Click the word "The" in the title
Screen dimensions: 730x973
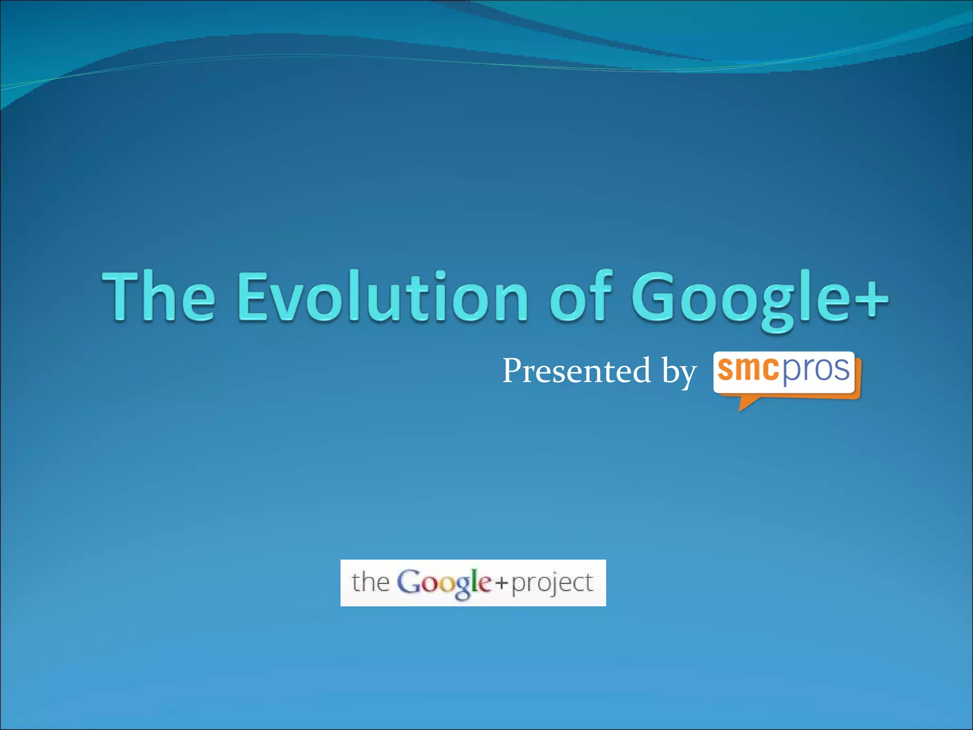click(159, 296)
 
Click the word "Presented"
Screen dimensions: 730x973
click(576, 371)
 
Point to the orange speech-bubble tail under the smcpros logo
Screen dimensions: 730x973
click(746, 403)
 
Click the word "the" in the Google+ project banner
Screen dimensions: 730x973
click(371, 582)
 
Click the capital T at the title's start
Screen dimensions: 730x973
click(122, 296)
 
